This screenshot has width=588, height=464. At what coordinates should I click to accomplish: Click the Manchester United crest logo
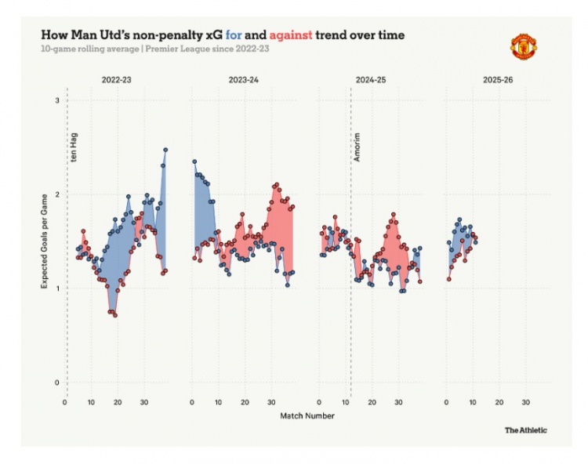(x=522, y=45)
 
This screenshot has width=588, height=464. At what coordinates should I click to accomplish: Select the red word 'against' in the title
(x=290, y=35)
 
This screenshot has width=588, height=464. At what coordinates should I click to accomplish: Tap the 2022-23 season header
(x=116, y=79)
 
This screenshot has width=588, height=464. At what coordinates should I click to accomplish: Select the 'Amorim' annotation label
(x=358, y=147)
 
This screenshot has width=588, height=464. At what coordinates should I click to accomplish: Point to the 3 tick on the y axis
(x=56, y=101)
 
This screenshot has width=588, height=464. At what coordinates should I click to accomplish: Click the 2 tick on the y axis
(x=56, y=194)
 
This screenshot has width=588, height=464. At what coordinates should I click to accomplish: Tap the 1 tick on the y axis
(x=56, y=288)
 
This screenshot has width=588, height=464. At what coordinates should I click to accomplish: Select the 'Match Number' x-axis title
(x=307, y=415)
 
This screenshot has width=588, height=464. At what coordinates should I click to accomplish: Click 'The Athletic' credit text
(x=526, y=430)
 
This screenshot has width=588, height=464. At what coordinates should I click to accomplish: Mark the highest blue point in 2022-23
(x=165, y=150)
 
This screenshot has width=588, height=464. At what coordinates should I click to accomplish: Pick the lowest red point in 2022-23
(x=115, y=315)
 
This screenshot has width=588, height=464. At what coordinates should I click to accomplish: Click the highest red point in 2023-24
(x=277, y=185)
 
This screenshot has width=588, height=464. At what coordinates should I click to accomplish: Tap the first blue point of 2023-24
(x=194, y=161)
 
